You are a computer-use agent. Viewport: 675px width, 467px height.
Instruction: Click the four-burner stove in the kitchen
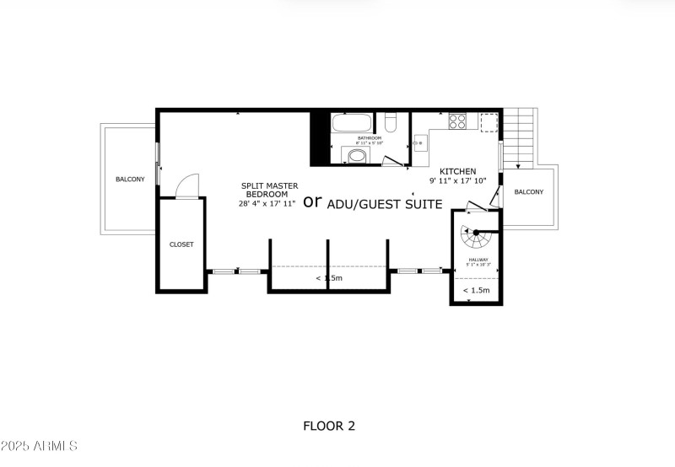pyautogui.click(x=457, y=121)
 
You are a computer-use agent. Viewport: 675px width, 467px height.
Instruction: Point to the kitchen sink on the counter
pyautogui.click(x=419, y=144)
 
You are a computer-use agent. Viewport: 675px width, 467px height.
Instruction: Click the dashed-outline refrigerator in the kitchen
pyautogui.click(x=489, y=121)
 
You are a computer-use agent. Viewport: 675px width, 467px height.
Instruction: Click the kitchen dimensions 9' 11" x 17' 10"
pyautogui.click(x=458, y=180)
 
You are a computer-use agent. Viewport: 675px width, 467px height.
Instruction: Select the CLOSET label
pyautogui.click(x=181, y=244)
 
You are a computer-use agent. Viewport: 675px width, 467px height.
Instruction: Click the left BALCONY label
pyautogui.click(x=130, y=179)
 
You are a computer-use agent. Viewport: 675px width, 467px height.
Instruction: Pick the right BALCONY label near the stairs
pyautogui.click(x=529, y=192)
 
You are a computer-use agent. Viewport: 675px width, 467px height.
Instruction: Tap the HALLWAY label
pyautogui.click(x=478, y=260)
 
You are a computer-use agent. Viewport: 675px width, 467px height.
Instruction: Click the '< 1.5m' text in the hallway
pyautogui.click(x=476, y=290)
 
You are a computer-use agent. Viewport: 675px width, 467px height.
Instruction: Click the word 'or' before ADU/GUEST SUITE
pyautogui.click(x=313, y=201)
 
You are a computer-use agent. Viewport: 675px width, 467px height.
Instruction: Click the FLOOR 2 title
pyautogui.click(x=329, y=426)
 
